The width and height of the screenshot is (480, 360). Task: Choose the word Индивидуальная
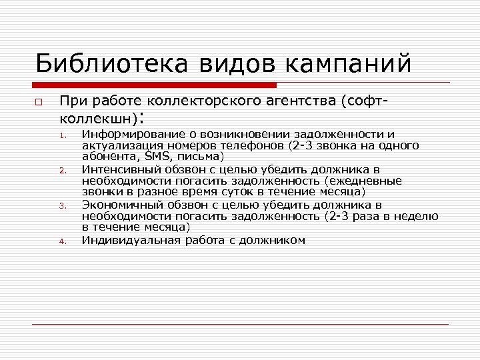[126, 239]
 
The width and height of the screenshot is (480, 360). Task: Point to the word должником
[273, 239]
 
